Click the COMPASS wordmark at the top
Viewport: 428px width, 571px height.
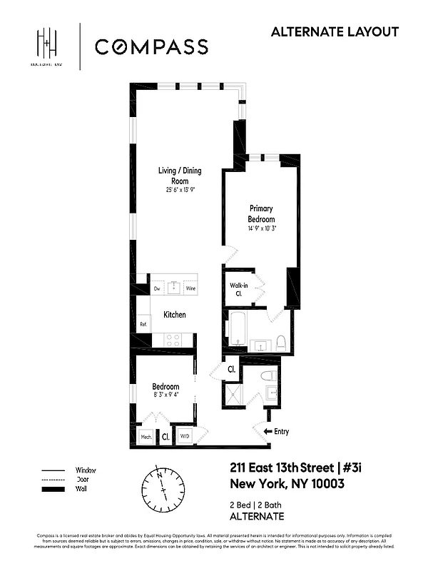(x=151, y=47)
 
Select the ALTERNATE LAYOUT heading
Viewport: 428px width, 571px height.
(x=335, y=31)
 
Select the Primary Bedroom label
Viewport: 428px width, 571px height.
(x=261, y=213)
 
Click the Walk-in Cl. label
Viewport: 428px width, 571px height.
(x=238, y=288)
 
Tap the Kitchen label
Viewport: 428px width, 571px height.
(x=175, y=315)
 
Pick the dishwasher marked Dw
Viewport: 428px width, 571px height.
(x=157, y=289)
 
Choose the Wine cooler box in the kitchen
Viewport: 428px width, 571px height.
(x=190, y=289)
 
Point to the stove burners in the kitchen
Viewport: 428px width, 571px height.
(x=173, y=340)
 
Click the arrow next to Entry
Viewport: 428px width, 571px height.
(x=268, y=432)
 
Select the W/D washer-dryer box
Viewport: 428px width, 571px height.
(x=185, y=436)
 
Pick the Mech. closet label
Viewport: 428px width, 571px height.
(x=146, y=436)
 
